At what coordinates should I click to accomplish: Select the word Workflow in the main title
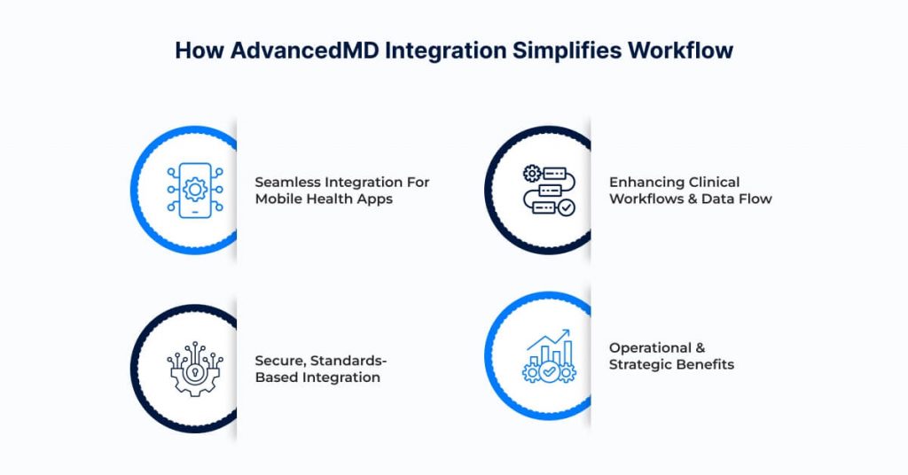(681, 50)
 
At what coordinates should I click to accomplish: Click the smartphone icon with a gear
(195, 190)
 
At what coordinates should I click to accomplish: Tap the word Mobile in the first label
(278, 199)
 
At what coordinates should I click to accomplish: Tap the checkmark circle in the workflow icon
(566, 207)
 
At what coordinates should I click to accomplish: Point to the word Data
(719, 199)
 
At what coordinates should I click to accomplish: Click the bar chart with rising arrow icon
(549, 356)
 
